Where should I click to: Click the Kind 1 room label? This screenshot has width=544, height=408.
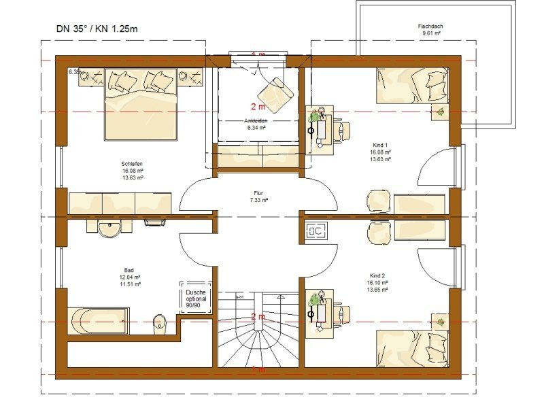(x=380, y=146)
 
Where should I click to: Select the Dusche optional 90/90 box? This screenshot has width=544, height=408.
(x=195, y=298)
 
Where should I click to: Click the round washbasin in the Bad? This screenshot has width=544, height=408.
(x=109, y=230)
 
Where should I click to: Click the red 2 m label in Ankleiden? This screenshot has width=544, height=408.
(x=258, y=106)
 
